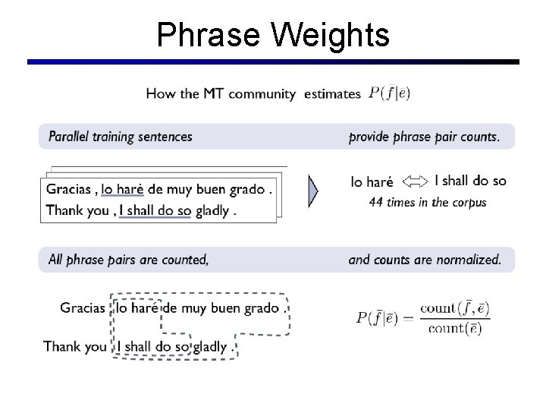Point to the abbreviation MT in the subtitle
pos(214,94)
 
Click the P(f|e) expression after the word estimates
pos(389,93)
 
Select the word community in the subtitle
pos(262,94)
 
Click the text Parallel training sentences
pos(120,137)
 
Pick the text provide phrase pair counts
pos(424,137)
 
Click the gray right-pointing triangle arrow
pos(313,191)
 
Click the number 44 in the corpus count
pos(376,202)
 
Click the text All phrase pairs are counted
pos(127,260)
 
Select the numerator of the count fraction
pos(454,307)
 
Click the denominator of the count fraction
pos(454,329)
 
